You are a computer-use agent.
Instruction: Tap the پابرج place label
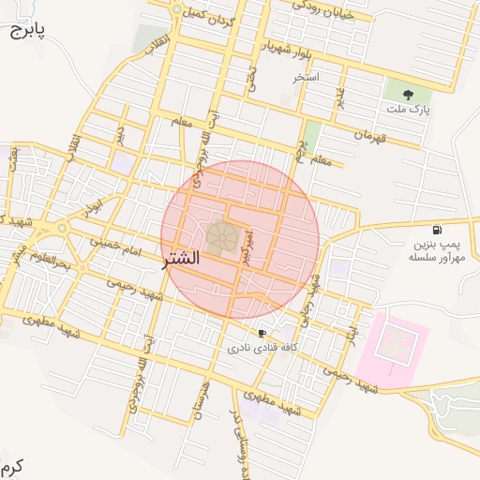coord(27,30)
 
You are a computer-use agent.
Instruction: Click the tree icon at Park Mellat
coord(408,95)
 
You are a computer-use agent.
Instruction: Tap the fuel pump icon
coord(437,231)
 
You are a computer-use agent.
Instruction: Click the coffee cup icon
coord(262,333)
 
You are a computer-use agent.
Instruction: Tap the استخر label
coord(306,77)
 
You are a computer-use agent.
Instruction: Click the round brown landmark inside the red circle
coord(222,237)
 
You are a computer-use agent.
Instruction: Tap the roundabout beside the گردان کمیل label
coord(177,9)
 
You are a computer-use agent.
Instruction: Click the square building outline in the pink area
coord(395,347)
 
